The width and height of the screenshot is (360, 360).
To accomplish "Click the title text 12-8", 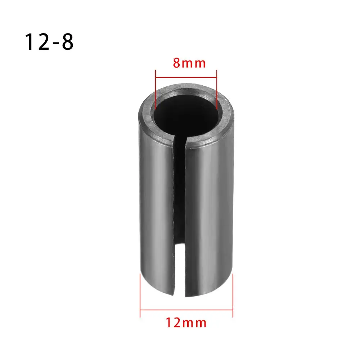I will [x=49, y=42].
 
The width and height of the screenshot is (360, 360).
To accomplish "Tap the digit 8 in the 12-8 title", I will [x=67, y=42].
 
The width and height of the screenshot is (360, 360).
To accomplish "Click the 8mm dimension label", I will [x=189, y=63].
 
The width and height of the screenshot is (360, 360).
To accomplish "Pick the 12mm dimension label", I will [x=186, y=322].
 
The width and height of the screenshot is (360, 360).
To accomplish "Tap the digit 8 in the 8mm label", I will [x=176, y=63].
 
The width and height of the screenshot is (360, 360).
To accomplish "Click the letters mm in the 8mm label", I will [x=194, y=63].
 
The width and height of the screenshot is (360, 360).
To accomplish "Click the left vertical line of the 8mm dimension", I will [x=155, y=90].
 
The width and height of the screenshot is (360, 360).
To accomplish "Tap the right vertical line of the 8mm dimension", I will [x=216, y=90].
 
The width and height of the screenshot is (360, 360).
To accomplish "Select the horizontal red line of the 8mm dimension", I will [x=186, y=76].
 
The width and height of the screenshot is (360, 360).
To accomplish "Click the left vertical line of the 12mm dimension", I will [x=140, y=295].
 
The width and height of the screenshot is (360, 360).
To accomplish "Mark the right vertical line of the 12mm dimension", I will [x=233, y=295].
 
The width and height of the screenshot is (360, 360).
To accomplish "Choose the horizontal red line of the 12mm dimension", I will [x=186, y=309].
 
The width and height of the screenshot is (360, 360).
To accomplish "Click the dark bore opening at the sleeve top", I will [x=186, y=112].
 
